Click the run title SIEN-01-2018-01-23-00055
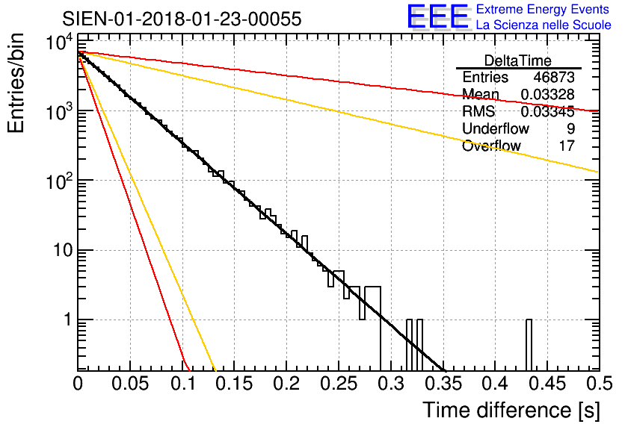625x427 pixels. (182, 19)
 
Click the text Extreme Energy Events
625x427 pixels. (542, 10)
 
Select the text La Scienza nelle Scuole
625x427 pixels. (544, 25)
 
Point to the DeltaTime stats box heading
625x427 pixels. (518, 60)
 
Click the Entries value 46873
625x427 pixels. (554, 78)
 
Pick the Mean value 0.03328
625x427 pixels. (547, 95)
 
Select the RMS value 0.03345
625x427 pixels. (547, 112)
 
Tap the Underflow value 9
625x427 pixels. (570, 129)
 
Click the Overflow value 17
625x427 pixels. (567, 146)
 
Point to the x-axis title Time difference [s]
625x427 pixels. (510, 410)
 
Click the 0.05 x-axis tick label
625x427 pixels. (130, 384)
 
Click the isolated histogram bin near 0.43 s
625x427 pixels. (529, 344)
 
